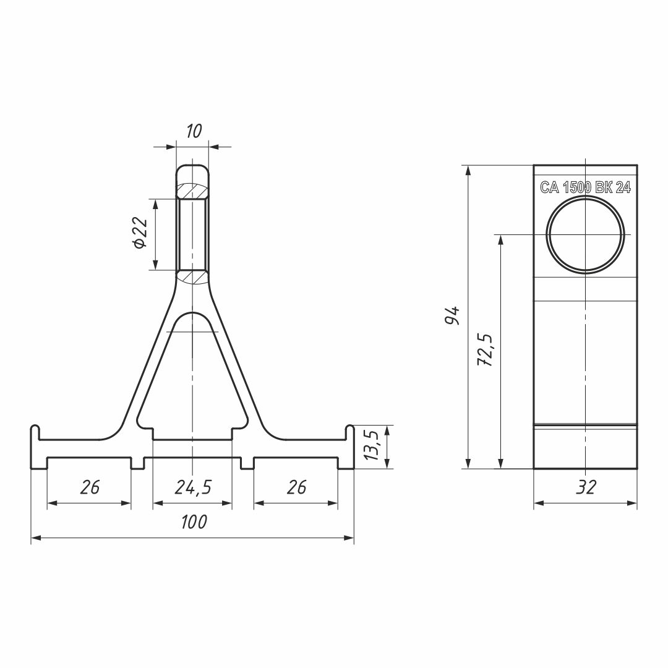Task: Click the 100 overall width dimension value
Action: [194, 522]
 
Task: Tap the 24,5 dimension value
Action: [193, 487]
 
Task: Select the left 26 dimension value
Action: [90, 487]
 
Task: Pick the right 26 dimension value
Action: [296, 487]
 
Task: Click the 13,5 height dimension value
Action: [372, 445]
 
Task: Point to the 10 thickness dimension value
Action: [194, 131]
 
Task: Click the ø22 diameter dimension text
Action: [140, 233]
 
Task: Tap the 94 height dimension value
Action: [452, 315]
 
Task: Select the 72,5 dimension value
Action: [485, 350]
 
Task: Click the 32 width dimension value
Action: [586, 487]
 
